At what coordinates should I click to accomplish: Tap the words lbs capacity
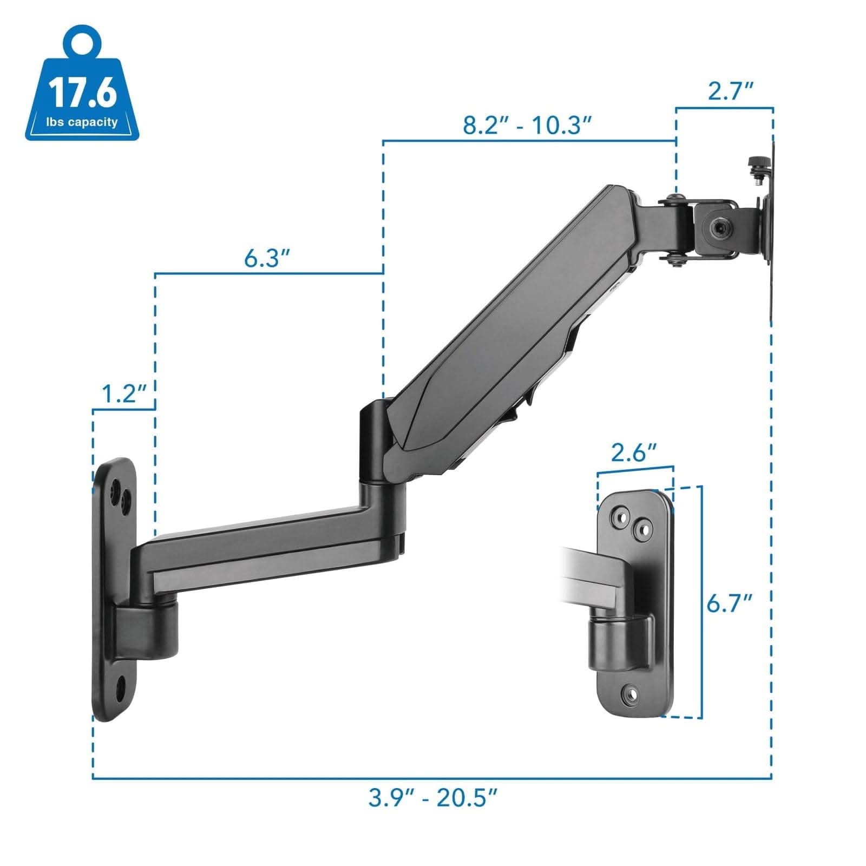(x=82, y=122)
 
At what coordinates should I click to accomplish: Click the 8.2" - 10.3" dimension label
(x=527, y=126)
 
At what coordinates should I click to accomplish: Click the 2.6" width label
(x=634, y=452)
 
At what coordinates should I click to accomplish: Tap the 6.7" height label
(x=730, y=603)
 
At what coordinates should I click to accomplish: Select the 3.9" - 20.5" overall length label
(x=432, y=797)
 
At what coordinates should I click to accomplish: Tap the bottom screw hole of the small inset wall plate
(x=629, y=693)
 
